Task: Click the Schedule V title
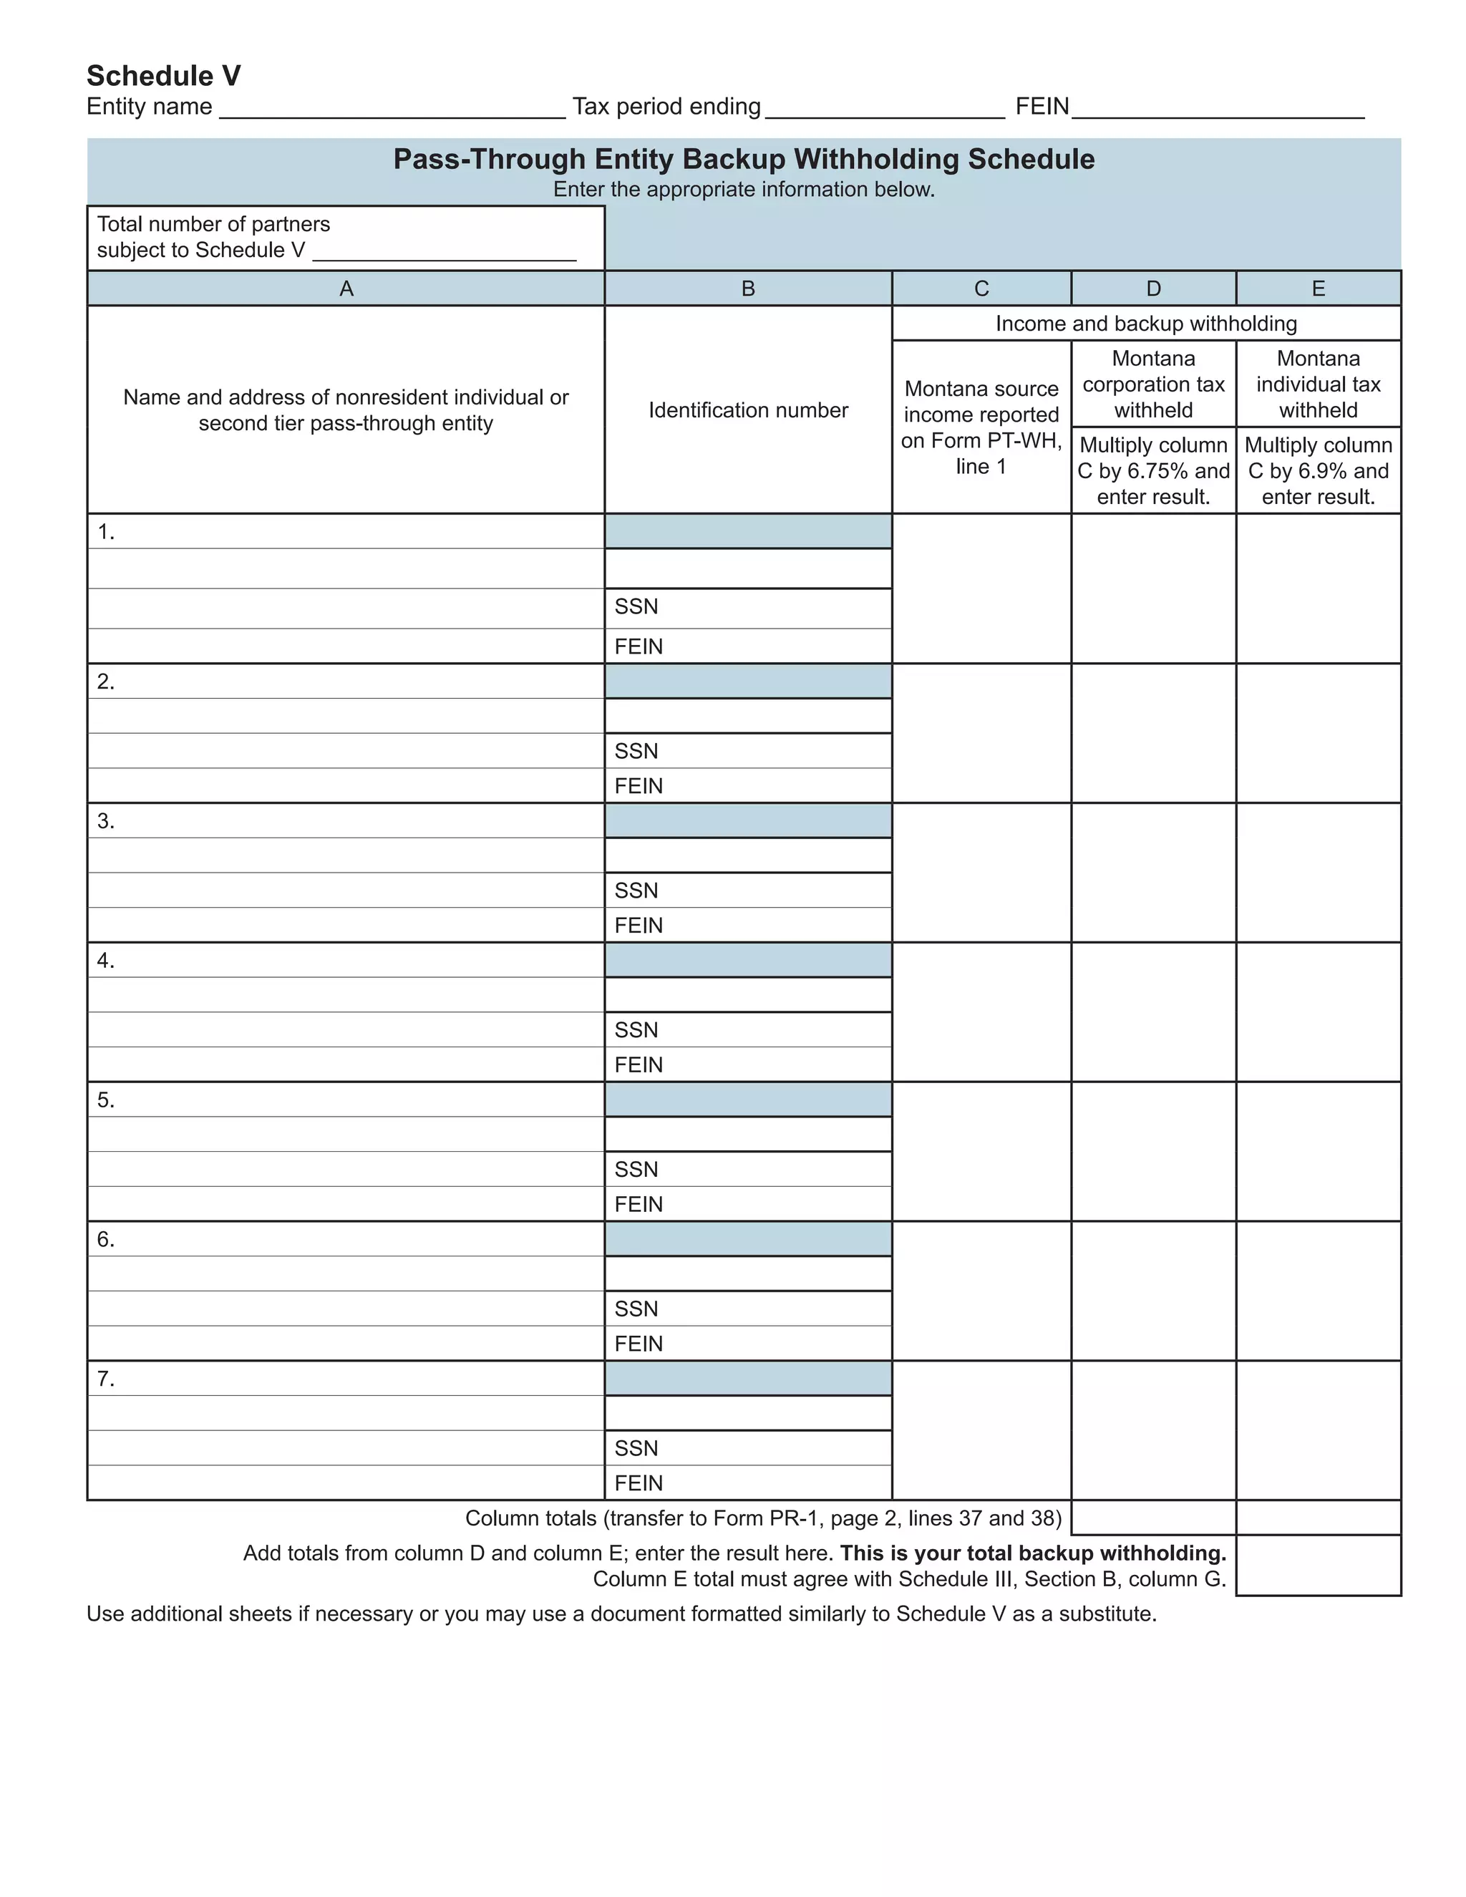163,76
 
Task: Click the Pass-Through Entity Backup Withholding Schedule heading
744,159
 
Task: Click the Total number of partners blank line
444,252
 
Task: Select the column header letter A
346,289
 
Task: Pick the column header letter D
1153,289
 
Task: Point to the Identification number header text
748,410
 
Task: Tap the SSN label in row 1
636,607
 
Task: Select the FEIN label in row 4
639,1065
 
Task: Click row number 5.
105,1100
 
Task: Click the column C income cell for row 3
981,872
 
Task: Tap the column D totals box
1153,1518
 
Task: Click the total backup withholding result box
1319,1564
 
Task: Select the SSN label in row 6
636,1309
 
